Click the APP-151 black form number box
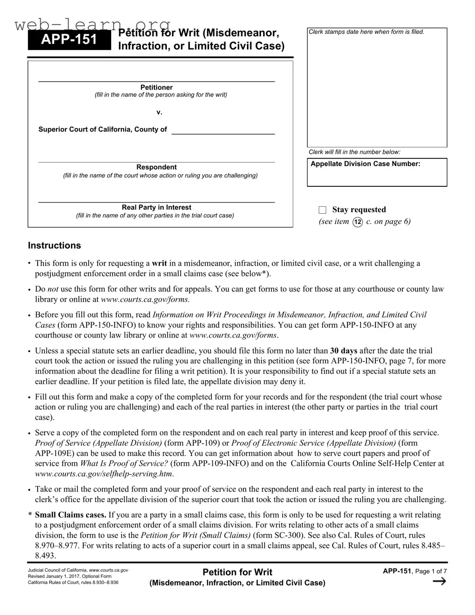point(70,40)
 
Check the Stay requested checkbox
point(323,210)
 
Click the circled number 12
point(357,222)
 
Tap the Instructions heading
point(54,246)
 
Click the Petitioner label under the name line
point(156,87)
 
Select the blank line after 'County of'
point(223,130)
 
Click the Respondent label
point(156,167)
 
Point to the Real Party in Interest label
point(156,207)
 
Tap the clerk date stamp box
point(377,88)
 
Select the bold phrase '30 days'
point(343,351)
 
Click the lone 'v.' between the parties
point(159,112)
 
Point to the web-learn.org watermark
point(93,25)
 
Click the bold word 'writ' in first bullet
point(159,263)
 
